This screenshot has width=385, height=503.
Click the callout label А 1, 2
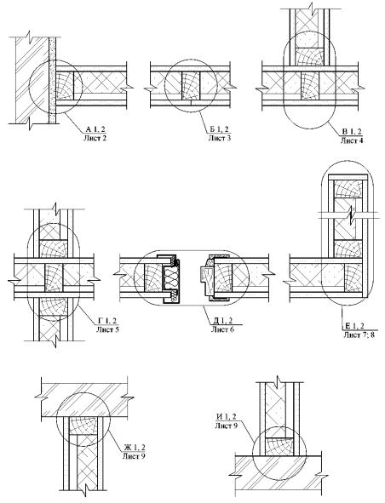point(95,129)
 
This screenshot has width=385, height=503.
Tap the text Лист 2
point(95,138)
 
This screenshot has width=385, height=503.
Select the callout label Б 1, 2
point(220,129)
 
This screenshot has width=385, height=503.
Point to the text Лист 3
point(220,138)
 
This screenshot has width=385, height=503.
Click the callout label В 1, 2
point(352,132)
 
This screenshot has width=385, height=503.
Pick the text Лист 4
point(352,140)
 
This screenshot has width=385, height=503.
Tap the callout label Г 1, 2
point(107,321)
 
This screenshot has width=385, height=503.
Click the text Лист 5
point(107,329)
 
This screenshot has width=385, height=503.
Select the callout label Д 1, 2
point(222,321)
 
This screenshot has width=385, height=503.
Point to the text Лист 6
point(222,329)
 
